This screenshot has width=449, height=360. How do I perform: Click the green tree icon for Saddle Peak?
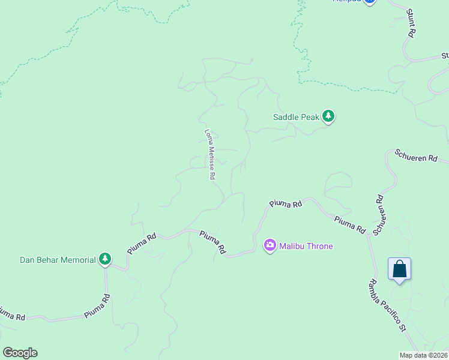coord(328,116)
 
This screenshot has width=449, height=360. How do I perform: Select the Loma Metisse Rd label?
coord(209,155)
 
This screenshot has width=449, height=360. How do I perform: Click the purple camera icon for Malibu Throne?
coord(270,245)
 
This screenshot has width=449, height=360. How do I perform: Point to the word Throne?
coord(319,246)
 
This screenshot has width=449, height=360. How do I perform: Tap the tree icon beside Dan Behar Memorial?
coord(105,259)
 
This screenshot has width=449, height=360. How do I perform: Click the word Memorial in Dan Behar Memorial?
coord(77,260)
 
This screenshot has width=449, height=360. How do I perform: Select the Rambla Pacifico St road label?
coord(388,305)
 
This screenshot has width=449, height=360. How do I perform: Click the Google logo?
coord(20,353)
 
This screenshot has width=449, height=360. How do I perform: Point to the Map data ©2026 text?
coord(424,355)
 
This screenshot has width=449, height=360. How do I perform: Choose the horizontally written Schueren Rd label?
coord(416,158)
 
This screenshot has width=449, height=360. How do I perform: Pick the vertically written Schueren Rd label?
coord(378,215)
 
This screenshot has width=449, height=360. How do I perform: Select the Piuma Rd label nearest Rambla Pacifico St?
coord(351,224)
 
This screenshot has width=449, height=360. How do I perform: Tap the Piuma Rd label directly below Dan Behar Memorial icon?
coord(97,305)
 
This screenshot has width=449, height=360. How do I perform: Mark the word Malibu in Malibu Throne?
coord(291,246)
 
